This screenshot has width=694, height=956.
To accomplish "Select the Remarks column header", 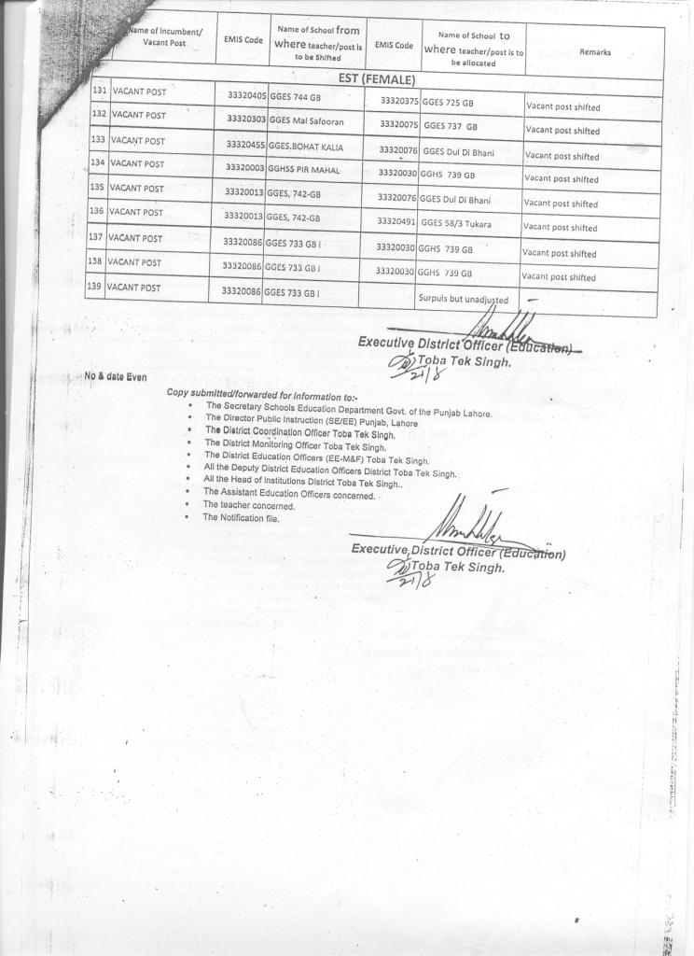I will pyautogui.click(x=594, y=52).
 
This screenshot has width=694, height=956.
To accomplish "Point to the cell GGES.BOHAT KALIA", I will pyautogui.click(x=302, y=146).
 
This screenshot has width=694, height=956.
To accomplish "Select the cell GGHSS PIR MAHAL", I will pyautogui.click(x=303, y=169).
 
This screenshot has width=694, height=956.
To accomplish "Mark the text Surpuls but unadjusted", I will pyautogui.click(x=463, y=300).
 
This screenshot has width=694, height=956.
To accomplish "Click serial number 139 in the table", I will pyautogui.click(x=94, y=288).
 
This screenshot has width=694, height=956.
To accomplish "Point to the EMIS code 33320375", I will pyautogui.click(x=399, y=101).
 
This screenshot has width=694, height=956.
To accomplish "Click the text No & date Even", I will pyautogui.click(x=116, y=376).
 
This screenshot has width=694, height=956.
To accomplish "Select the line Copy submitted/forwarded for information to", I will pyautogui.click(x=243, y=394).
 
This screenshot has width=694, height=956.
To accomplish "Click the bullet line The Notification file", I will pyautogui.click(x=241, y=517).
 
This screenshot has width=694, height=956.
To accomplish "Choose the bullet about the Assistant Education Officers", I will pyautogui.click(x=288, y=492).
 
